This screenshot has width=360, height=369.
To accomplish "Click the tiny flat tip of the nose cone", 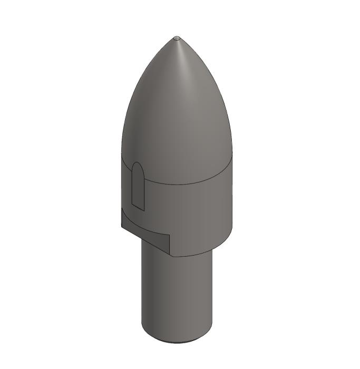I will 177,38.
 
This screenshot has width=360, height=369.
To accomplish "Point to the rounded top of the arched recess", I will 137,164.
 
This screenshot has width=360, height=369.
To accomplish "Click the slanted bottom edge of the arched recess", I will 138,206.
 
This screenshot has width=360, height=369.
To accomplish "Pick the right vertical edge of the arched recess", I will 144,192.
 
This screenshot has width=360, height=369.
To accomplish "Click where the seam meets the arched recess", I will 145,177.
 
